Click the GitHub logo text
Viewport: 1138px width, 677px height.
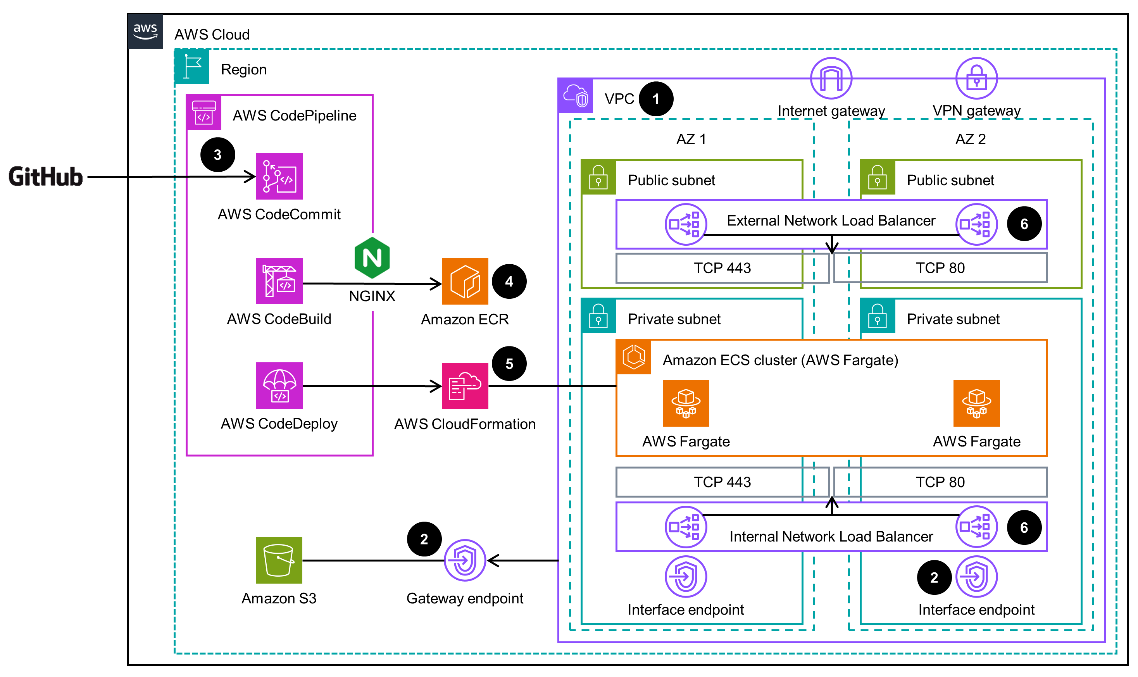point(46,177)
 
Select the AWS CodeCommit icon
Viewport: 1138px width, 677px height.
point(279,176)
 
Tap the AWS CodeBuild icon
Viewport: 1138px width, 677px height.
point(279,281)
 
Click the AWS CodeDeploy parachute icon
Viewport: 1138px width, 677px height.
point(279,385)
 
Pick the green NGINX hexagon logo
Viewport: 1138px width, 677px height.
point(372,258)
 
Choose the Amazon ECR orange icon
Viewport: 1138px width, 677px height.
point(464,281)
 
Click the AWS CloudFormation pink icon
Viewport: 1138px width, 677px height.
point(464,386)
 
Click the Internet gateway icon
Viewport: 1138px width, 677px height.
point(831,78)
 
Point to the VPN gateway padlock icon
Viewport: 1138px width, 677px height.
point(976,78)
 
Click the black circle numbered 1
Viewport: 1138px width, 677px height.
point(656,99)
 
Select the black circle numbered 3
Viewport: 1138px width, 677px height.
point(218,155)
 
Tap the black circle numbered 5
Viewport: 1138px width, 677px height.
point(509,363)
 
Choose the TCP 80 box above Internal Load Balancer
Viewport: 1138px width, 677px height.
point(940,482)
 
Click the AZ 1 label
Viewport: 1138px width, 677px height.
point(691,139)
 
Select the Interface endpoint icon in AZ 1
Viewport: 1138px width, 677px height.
point(685,576)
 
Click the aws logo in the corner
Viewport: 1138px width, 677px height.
point(145,31)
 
